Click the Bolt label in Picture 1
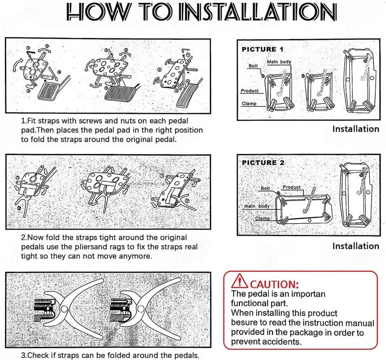pos(254,66)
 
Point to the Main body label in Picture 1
pos(279,62)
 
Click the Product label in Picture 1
pos(250,91)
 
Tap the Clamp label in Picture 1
pos(249,103)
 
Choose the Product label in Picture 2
pos(291,187)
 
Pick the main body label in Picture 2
pos(257,206)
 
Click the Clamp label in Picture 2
pos(263,218)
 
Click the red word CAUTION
pos(274,284)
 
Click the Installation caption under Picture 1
pos(355,129)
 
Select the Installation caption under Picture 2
pos(355,246)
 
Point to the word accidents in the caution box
pos(281,342)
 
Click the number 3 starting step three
pos(23,355)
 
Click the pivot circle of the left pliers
pos(64,309)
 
